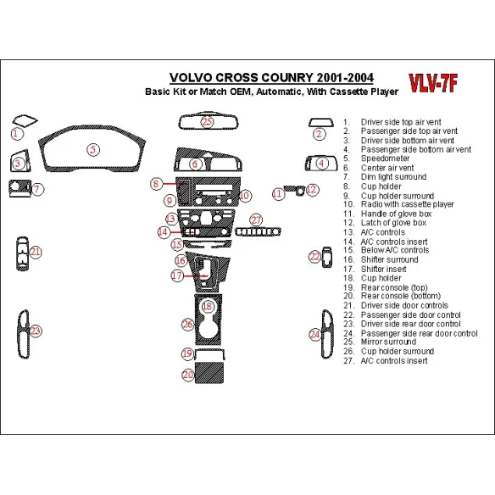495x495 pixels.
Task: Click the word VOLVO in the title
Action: point(192,75)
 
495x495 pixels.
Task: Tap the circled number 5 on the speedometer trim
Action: point(92,149)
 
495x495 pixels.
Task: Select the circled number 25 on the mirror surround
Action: point(208,122)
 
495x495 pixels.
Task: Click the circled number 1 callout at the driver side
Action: point(17,133)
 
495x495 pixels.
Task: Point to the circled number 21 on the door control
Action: point(35,252)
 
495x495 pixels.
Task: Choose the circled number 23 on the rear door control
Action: point(35,331)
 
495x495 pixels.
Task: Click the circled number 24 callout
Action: point(314,336)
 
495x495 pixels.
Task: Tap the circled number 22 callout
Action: point(314,256)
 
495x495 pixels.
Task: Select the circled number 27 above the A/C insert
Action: point(256,220)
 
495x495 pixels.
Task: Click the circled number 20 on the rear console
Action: point(188,374)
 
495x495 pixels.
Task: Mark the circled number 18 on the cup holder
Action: point(207,305)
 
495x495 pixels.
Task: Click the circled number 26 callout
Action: point(188,324)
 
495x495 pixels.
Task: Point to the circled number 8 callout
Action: point(157,184)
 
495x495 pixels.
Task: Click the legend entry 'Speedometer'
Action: point(385,159)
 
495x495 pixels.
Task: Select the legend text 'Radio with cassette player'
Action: point(407,204)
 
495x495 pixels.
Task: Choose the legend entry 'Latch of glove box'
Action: point(395,223)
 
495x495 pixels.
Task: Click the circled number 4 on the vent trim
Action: point(320,163)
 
